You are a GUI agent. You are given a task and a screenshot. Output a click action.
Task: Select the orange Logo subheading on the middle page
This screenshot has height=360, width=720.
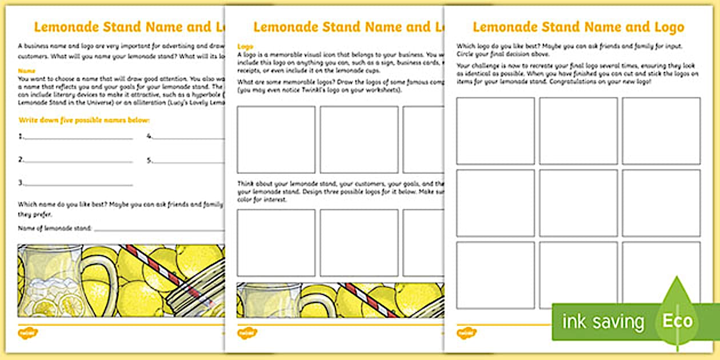click(245, 46)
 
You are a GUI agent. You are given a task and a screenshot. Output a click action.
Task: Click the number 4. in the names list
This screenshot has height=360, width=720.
click(150, 137)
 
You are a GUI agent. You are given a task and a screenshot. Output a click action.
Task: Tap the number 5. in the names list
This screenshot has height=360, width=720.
click(150, 160)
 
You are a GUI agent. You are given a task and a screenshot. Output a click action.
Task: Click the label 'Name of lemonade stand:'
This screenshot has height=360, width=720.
click(55, 228)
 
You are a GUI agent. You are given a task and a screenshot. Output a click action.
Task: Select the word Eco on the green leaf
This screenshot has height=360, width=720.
click(678, 321)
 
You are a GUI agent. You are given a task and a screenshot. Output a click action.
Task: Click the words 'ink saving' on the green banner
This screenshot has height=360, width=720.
click(603, 321)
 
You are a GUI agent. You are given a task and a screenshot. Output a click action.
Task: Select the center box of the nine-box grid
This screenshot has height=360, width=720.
click(578, 203)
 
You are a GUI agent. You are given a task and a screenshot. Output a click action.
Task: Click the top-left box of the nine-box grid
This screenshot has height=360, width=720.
click(495, 131)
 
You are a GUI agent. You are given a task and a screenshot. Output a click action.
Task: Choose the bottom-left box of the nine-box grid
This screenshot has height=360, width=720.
click(495, 275)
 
